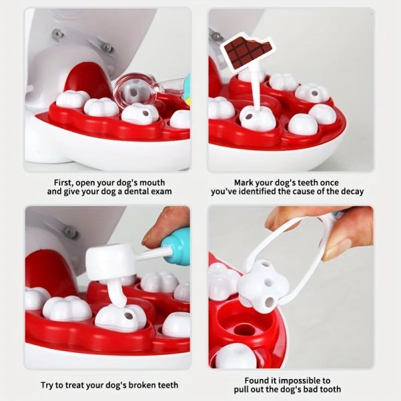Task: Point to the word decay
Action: tap(350, 192)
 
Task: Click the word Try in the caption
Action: tap(50, 385)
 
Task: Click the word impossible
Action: tap(300, 380)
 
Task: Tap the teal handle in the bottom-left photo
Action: tap(178, 245)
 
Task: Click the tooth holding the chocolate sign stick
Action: tap(257, 118)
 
